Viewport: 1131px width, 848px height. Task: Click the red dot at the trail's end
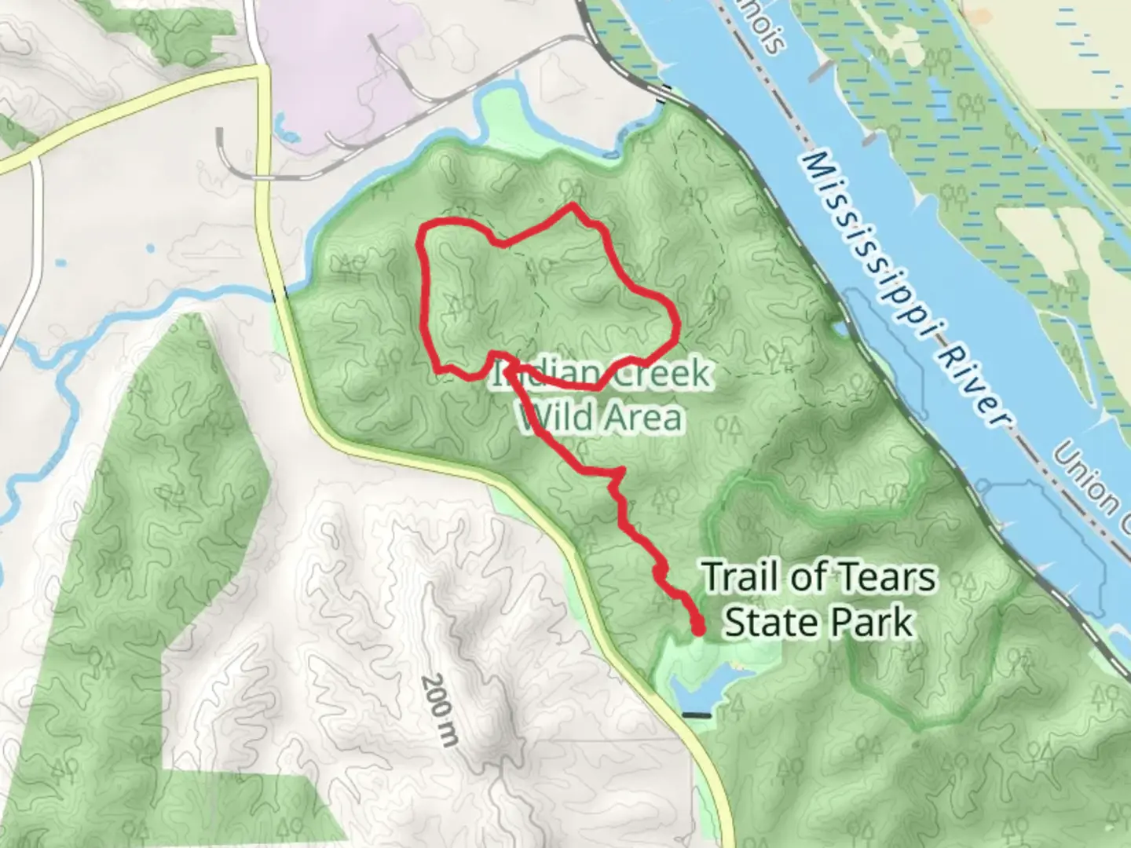click(x=697, y=627)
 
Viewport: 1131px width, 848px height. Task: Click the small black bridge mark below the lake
click(x=696, y=715)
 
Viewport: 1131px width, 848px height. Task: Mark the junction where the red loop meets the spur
click(x=507, y=360)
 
